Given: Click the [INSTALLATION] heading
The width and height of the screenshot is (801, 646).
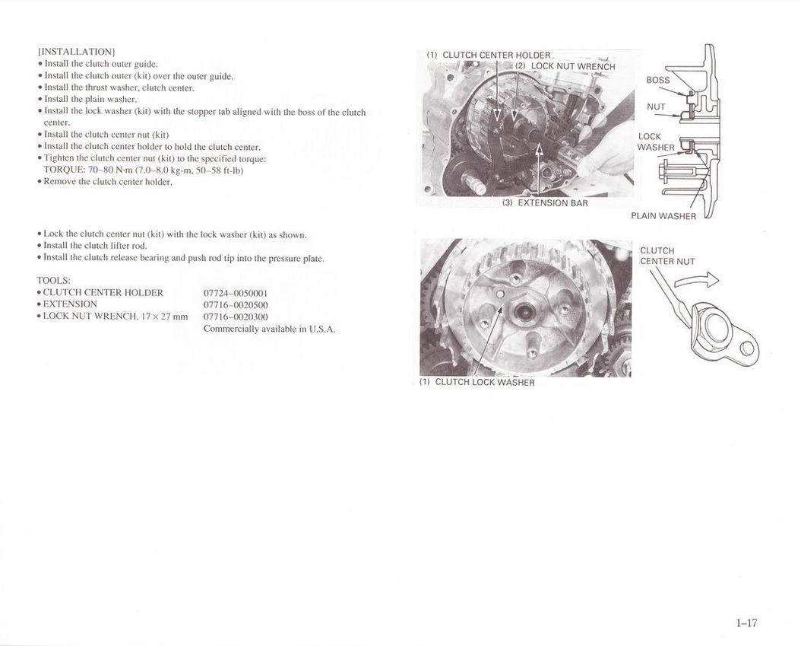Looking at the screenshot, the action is (77, 52).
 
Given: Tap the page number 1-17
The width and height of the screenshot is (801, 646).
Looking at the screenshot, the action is (746, 622).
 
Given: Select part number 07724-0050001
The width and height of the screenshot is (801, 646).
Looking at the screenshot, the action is (236, 294).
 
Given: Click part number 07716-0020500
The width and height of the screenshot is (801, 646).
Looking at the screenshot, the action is (236, 305).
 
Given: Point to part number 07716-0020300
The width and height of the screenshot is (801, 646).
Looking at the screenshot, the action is (236, 317).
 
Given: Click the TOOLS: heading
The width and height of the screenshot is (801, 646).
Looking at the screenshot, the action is (54, 280).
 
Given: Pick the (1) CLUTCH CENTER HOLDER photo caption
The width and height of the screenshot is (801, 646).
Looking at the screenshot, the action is (489, 55).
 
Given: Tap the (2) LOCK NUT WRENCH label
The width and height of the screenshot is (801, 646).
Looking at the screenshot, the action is (565, 66).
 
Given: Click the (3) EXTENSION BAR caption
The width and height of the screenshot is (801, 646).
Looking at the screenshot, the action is (545, 203).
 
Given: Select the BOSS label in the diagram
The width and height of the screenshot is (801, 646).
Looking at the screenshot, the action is (658, 80).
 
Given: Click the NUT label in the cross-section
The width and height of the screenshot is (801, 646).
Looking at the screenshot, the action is (656, 107).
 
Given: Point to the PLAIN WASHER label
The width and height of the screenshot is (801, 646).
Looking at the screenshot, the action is (663, 216).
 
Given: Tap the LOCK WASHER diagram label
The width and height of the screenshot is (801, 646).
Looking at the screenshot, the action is (656, 142).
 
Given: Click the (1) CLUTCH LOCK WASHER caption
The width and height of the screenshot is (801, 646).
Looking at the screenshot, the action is (477, 382).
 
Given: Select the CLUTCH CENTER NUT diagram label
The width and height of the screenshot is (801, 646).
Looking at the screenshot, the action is (668, 256).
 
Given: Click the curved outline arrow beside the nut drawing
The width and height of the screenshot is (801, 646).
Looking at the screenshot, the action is (697, 280).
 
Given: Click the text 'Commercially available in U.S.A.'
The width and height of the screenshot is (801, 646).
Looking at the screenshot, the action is (269, 329).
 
